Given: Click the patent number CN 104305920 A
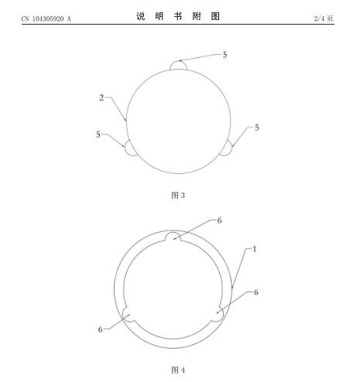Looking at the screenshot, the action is [x=46, y=19].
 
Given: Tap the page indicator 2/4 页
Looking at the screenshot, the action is [x=324, y=19].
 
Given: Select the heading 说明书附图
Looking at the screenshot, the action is [x=178, y=16].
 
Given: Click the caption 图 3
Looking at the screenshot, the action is [x=178, y=195].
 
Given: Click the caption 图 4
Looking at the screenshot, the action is [x=178, y=370].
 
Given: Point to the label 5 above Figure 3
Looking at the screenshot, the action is [x=225, y=55].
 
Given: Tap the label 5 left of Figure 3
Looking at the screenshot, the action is [x=98, y=135].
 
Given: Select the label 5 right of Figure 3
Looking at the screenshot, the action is [x=257, y=128].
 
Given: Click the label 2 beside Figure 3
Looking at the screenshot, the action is [x=101, y=97].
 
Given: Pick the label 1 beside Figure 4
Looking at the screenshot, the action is [x=254, y=249].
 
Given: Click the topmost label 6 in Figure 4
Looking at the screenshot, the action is [x=219, y=220].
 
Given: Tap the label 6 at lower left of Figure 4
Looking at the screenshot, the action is [x=100, y=329].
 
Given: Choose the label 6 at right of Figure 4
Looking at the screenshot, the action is [x=255, y=292].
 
